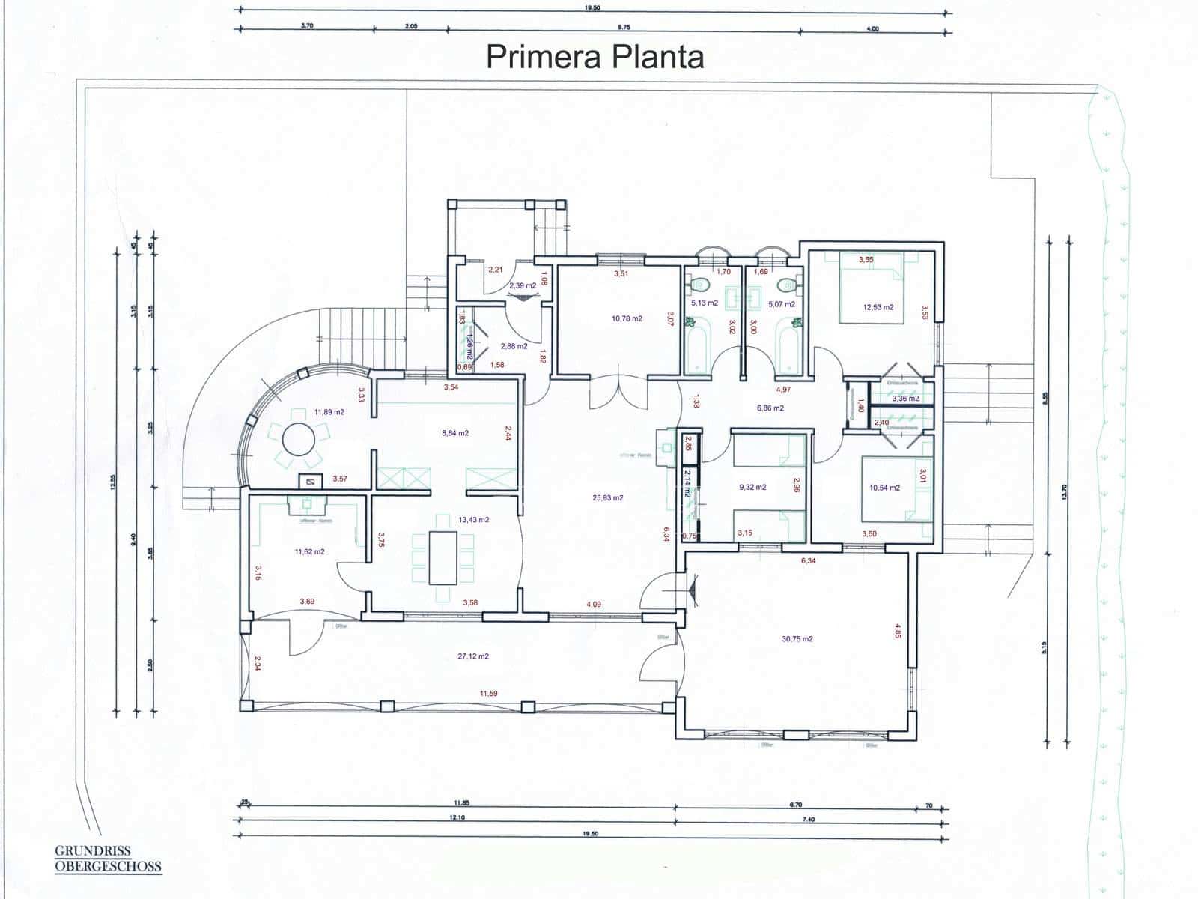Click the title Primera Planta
[x=595, y=57]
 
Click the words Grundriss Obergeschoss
[x=108, y=859]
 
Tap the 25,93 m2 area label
[x=607, y=497]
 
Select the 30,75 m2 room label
[x=797, y=639]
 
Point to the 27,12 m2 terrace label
[x=472, y=656]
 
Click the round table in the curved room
[x=298, y=440]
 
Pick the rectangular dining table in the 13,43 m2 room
[x=443, y=558]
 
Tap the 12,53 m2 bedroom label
[x=878, y=307]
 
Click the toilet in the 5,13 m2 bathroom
[x=702, y=285]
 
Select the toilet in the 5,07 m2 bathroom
[x=786, y=285]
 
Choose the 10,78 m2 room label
[x=626, y=318]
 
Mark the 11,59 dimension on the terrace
[x=488, y=694]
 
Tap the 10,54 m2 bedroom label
[x=884, y=488]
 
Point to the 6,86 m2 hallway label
[x=770, y=408]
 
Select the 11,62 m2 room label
[x=309, y=552]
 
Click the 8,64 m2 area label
[x=454, y=433]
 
